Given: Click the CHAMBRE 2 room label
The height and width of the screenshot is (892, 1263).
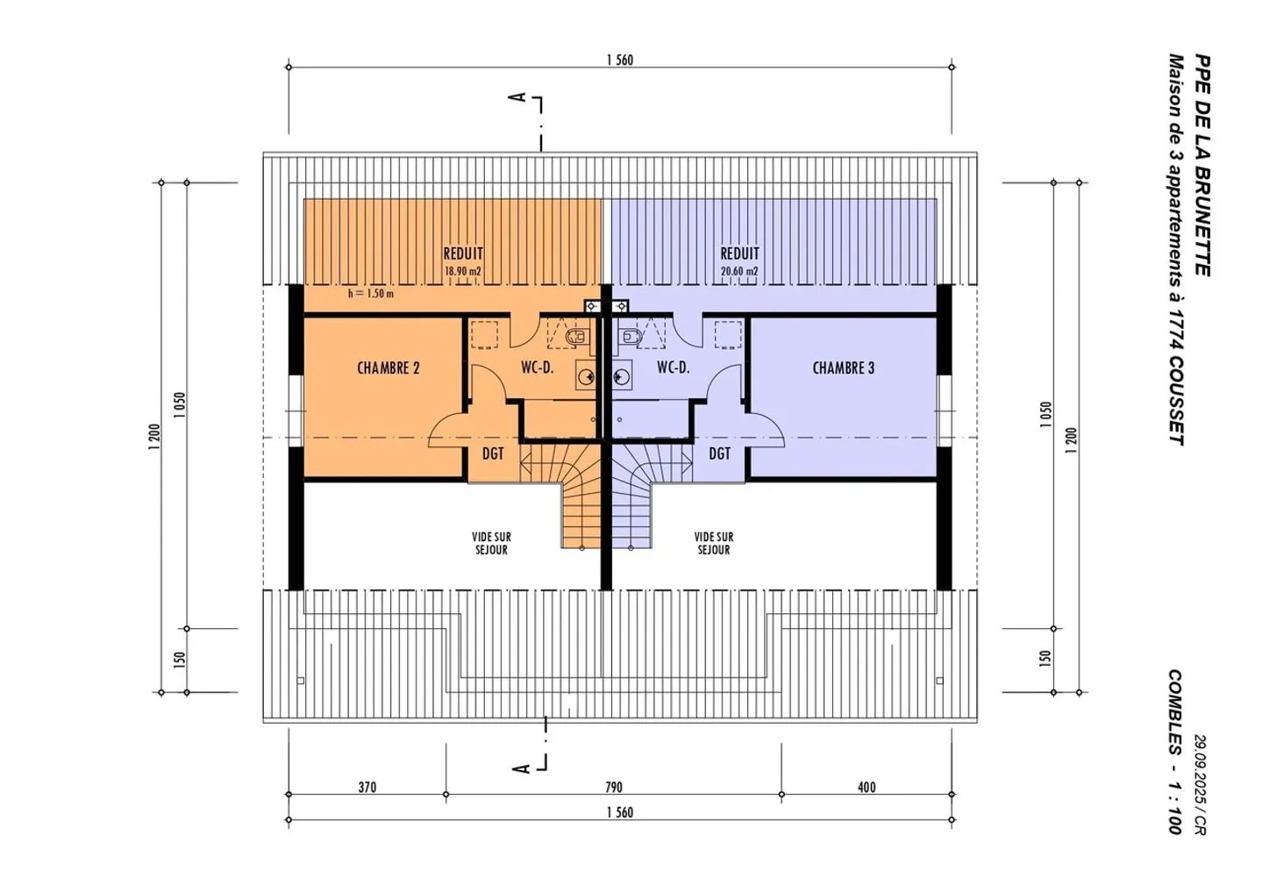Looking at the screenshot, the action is (x=389, y=368).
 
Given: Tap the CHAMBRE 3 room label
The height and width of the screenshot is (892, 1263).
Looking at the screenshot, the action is (x=844, y=368).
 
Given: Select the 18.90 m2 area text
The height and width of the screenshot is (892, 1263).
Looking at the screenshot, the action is (x=463, y=271).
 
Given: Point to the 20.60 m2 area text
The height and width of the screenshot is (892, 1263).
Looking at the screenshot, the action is (x=739, y=271).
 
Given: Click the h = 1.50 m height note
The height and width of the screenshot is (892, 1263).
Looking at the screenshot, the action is (x=371, y=293).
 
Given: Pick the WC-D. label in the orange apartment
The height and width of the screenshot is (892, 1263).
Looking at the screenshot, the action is (x=538, y=368).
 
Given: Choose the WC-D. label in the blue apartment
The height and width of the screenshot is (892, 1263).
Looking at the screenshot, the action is (x=674, y=368).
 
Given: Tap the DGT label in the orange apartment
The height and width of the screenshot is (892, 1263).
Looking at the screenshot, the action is (x=493, y=453).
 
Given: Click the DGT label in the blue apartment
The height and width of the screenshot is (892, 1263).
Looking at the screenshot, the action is (x=719, y=453).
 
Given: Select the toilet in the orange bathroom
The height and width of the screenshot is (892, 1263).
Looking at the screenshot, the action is (x=577, y=337).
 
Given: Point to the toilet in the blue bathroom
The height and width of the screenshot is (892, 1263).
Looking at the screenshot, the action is (x=631, y=337).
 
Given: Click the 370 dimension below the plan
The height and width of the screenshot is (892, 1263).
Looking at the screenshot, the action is (x=367, y=787).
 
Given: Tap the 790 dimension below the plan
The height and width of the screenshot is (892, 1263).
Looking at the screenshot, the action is (x=613, y=787).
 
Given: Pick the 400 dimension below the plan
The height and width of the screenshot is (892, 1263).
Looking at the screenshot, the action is (x=867, y=787).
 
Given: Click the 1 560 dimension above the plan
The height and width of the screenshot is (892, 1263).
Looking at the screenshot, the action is (x=620, y=60).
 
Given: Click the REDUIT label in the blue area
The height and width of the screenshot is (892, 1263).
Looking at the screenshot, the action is (x=739, y=253).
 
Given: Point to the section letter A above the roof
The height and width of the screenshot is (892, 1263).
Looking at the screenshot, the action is (x=517, y=97).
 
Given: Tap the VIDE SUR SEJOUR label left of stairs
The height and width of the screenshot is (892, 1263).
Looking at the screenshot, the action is (x=492, y=543).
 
